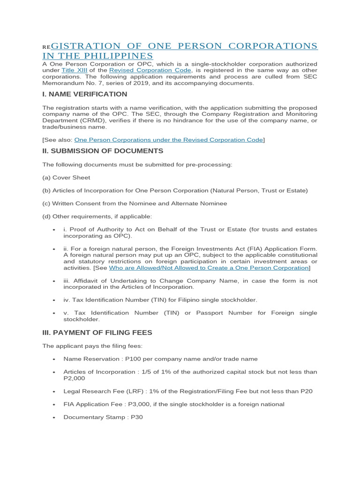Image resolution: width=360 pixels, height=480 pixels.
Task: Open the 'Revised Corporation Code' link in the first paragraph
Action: (150, 70)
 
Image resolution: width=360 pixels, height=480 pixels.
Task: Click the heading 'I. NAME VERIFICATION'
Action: (84, 94)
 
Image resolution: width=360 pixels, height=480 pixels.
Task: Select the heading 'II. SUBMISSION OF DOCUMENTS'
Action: (103, 151)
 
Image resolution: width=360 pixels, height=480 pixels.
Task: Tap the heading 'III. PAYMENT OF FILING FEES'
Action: (97, 332)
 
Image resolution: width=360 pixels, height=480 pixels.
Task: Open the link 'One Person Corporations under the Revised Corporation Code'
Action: (169, 140)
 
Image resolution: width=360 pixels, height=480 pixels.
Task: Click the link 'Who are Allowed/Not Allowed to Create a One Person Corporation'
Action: (209, 268)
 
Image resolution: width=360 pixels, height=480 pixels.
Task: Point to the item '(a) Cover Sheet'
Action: (66, 178)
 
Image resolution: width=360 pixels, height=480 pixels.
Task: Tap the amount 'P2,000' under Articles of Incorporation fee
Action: (74, 378)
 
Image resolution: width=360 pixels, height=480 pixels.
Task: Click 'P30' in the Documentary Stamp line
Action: (136, 417)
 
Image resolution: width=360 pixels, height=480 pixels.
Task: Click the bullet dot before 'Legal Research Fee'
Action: (54, 391)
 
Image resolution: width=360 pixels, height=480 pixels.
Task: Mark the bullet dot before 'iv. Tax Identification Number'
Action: (54, 300)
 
